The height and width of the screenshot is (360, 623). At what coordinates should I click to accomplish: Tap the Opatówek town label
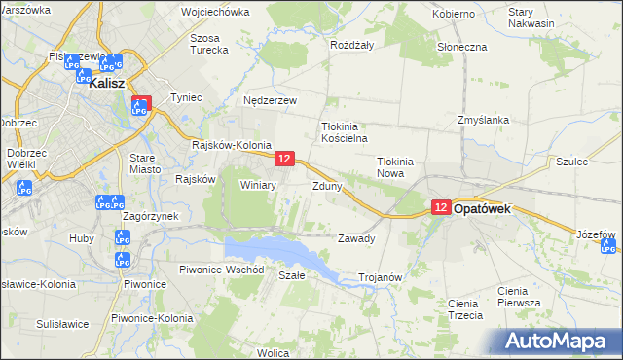487,208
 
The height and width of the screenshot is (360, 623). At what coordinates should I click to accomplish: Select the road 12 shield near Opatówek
441,207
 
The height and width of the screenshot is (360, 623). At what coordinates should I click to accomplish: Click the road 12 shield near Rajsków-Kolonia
284,158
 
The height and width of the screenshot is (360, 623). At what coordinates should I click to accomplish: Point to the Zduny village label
326,186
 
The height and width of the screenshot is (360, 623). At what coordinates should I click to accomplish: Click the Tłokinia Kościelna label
342,132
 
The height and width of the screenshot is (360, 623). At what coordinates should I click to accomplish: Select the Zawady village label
355,238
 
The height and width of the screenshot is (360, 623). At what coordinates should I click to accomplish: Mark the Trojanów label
381,277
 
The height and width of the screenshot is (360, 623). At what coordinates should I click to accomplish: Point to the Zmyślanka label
483,121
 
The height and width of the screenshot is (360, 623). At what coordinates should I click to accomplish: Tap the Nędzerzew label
270,100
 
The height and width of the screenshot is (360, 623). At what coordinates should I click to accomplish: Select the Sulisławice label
62,323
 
